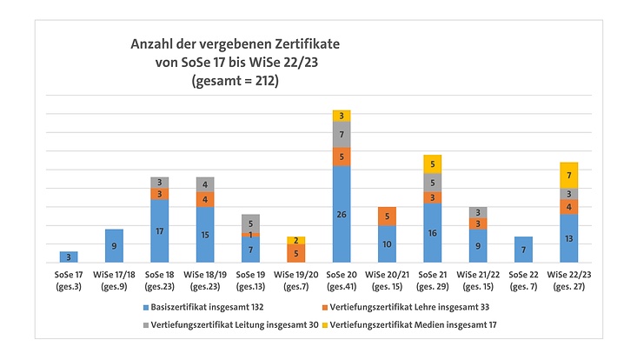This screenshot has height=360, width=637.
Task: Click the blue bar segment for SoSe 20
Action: (341, 214)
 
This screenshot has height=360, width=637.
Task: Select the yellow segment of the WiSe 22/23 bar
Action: (567, 175)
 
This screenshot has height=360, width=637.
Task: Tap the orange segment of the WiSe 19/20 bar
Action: (295, 253)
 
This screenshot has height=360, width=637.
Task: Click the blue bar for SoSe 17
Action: (69, 257)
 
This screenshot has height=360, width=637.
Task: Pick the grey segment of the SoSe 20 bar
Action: (341, 134)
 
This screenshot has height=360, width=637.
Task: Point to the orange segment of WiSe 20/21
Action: (387, 216)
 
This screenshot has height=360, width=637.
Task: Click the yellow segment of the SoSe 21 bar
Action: (432, 163)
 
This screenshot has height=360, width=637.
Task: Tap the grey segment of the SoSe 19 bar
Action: (250, 221)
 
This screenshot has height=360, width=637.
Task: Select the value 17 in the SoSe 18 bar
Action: (159, 231)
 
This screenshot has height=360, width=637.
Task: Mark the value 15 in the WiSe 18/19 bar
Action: (204, 235)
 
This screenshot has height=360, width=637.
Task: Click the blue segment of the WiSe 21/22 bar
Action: (477, 246)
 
